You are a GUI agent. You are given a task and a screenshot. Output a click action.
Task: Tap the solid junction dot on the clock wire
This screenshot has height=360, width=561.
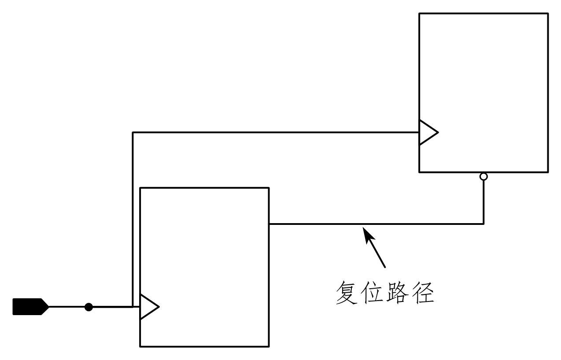(x=89, y=307)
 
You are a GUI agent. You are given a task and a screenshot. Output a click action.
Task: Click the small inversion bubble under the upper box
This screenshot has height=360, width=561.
(x=483, y=176)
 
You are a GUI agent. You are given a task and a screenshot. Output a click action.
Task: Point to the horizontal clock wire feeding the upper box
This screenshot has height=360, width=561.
(x=273, y=132)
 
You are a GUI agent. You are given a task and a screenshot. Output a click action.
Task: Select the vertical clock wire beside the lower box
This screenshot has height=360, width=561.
(x=133, y=220)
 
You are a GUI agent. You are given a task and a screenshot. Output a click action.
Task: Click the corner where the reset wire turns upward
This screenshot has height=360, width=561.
(x=483, y=224)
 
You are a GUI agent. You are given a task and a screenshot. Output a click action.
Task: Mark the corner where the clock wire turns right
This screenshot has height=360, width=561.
(x=133, y=132)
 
